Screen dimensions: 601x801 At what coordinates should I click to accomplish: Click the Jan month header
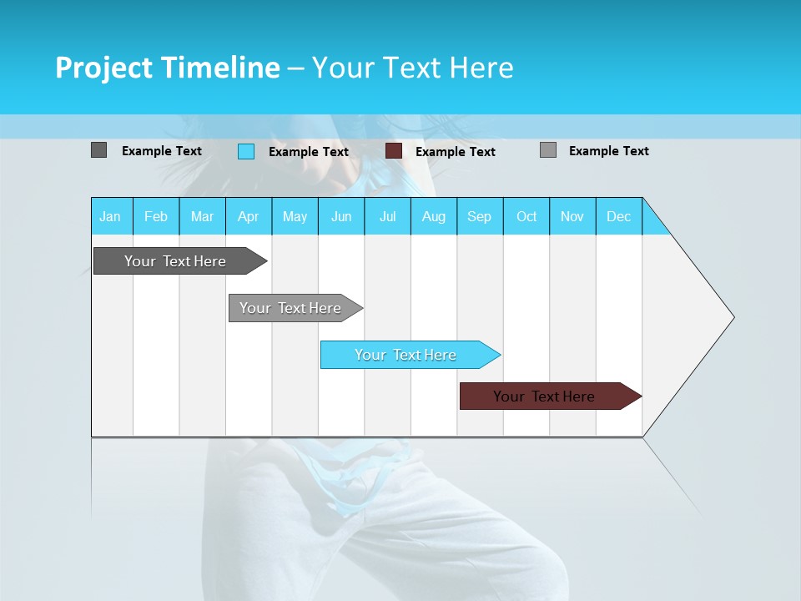(x=111, y=216)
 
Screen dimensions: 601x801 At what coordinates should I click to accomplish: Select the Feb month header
(x=156, y=216)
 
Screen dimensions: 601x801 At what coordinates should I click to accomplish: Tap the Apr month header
(x=249, y=216)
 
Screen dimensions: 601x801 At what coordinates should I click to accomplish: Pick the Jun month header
(x=341, y=216)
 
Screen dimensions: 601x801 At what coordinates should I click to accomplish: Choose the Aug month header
(x=434, y=216)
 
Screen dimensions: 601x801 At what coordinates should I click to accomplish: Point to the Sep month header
(x=480, y=216)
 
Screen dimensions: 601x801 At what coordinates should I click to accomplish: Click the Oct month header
(x=526, y=216)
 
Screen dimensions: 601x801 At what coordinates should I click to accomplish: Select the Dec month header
(x=619, y=216)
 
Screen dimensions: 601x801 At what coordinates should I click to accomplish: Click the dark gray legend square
(x=98, y=150)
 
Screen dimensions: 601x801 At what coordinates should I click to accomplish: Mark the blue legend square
(x=246, y=151)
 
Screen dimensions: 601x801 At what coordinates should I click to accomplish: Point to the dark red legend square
(x=394, y=151)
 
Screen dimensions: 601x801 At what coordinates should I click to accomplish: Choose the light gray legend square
(x=548, y=150)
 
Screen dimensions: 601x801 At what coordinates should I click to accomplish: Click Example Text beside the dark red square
(x=456, y=152)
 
